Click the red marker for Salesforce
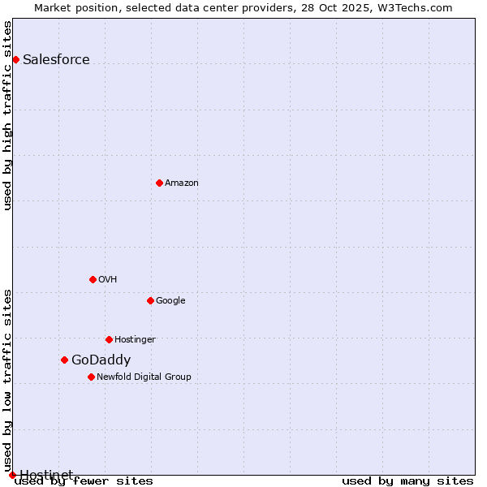pos(15,59)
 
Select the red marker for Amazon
pos(159,183)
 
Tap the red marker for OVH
pos(93,279)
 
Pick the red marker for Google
pos(150,300)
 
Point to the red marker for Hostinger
pos(109,339)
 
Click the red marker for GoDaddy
pos(64,360)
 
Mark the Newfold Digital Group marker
pos(91,377)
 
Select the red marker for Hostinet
pos(12,475)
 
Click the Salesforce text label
pos(56,59)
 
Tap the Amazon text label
pos(182,183)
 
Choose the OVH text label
pos(108,279)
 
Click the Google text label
pos(170,300)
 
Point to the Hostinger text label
pos(135,339)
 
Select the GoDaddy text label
pos(101,360)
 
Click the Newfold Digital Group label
pos(144,377)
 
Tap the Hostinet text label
pos(46,475)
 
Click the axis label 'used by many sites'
pos(407,481)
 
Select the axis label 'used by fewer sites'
pos(84,481)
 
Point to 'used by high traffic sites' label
pos(8,115)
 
